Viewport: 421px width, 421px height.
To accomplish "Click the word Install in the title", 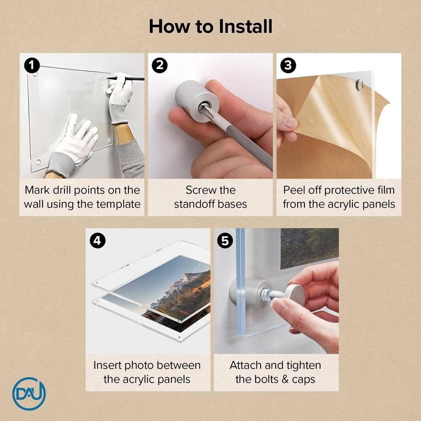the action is tap(245, 26).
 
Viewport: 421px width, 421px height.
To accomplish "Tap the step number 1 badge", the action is tap(32, 66).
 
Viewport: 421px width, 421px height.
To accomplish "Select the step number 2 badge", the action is tap(160, 66).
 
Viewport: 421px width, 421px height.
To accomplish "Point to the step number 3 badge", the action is tap(288, 66).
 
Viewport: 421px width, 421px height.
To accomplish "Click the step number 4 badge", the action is tap(98, 240).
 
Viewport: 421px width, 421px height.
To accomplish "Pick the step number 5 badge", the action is tap(225, 240).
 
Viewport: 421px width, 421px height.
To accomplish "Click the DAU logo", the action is tap(29, 394).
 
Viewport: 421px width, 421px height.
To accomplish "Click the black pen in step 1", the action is tap(125, 79).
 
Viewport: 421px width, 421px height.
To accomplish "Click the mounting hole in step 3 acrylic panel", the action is tap(359, 85).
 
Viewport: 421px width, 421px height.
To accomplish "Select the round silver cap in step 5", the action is tap(295, 295).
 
